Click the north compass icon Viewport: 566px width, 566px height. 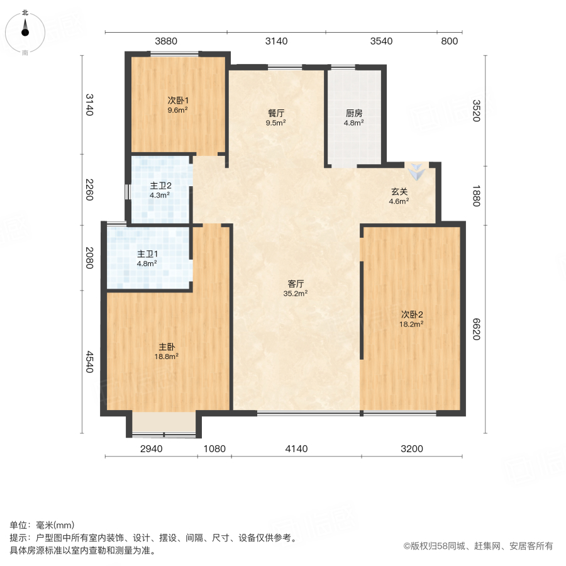click(25, 31)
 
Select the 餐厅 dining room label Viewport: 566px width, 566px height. click(276, 113)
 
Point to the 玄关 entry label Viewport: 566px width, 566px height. click(399, 192)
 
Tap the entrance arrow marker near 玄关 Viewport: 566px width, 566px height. click(416, 170)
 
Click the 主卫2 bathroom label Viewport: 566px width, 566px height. click(160, 186)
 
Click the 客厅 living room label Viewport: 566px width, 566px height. click(296, 284)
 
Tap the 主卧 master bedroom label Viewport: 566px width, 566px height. click(167, 346)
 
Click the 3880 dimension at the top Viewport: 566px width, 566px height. click(166, 42)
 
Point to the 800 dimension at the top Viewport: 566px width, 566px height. click(449, 42)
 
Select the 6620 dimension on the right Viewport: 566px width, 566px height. click(476, 328)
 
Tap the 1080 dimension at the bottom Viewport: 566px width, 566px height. click(214, 448)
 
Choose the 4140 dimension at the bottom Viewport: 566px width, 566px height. click(296, 448)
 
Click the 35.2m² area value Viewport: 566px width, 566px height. click(296, 293)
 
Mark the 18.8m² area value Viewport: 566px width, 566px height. click(167, 356)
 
